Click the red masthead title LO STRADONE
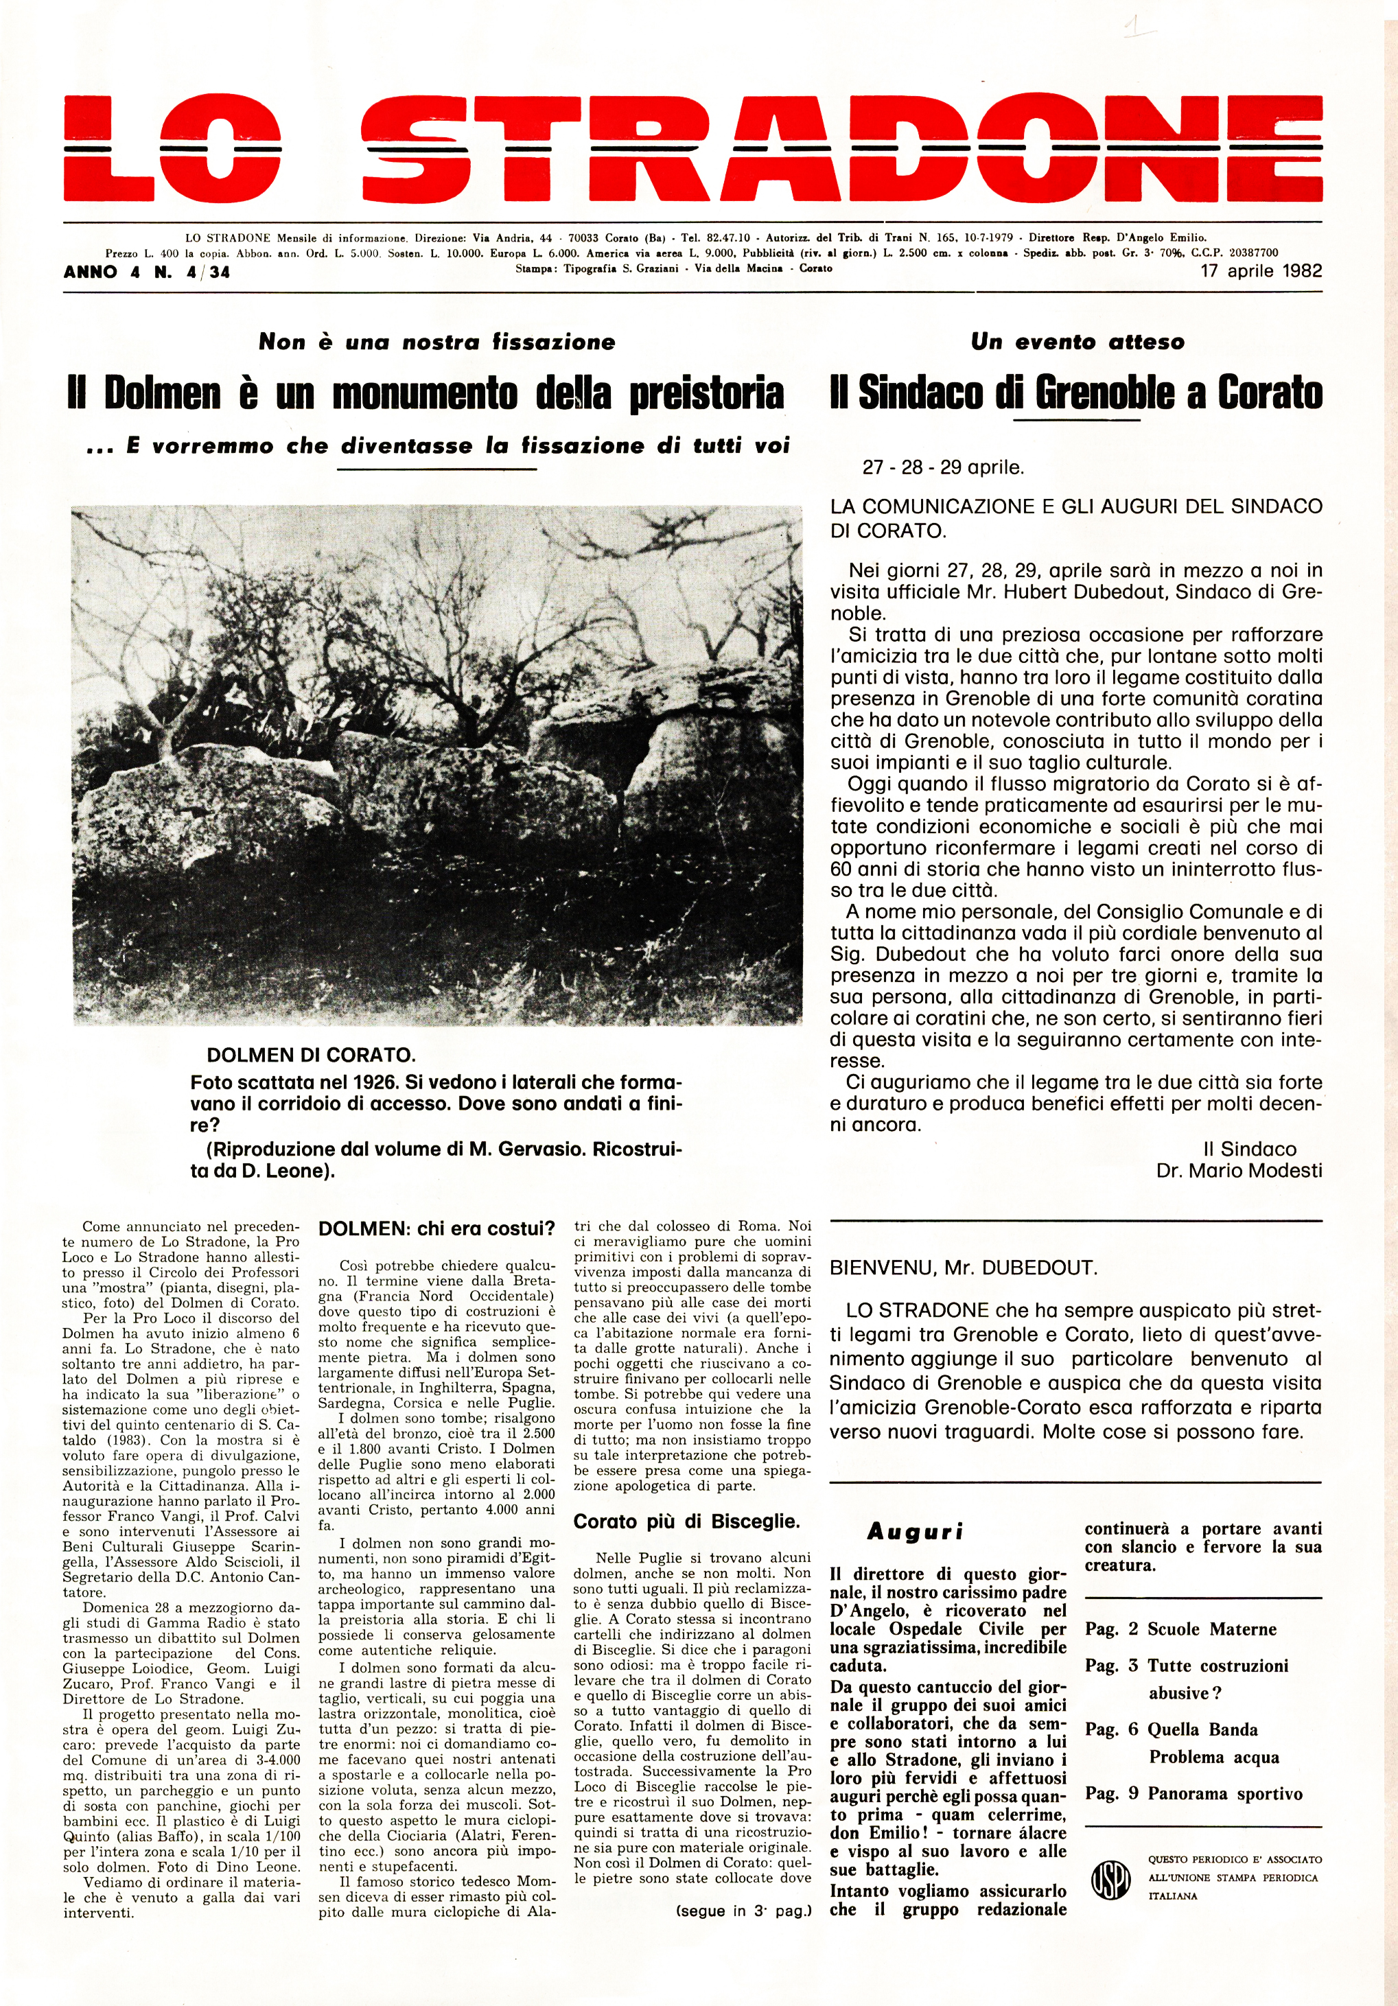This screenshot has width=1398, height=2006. (693, 148)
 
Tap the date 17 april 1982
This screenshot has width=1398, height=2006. (1261, 271)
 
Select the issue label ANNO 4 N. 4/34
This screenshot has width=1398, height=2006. (147, 272)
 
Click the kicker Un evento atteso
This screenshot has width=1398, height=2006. (1077, 342)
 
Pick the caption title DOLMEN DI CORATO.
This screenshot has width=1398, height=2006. (311, 1056)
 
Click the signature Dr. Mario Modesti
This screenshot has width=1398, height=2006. (1239, 1170)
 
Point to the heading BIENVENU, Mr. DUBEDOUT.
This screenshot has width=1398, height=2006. (964, 1268)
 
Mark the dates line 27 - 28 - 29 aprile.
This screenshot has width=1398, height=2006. (943, 467)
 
